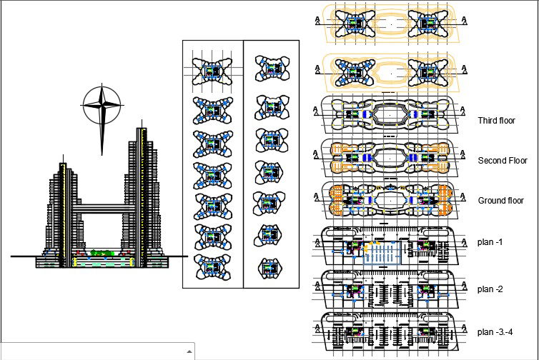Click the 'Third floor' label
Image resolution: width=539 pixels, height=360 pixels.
point(496,121)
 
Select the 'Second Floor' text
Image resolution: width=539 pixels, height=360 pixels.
point(502,161)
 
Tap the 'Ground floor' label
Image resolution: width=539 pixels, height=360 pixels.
point(500,201)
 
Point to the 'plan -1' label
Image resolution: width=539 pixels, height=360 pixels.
point(490,242)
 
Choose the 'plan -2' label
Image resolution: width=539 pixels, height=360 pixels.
point(490,289)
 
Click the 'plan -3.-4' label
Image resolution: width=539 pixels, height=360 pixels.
point(495,331)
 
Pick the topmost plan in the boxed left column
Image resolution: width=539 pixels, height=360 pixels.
point(212,71)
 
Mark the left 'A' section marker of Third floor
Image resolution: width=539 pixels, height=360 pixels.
point(315,113)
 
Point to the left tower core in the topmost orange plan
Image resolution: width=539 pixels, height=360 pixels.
point(355,23)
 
